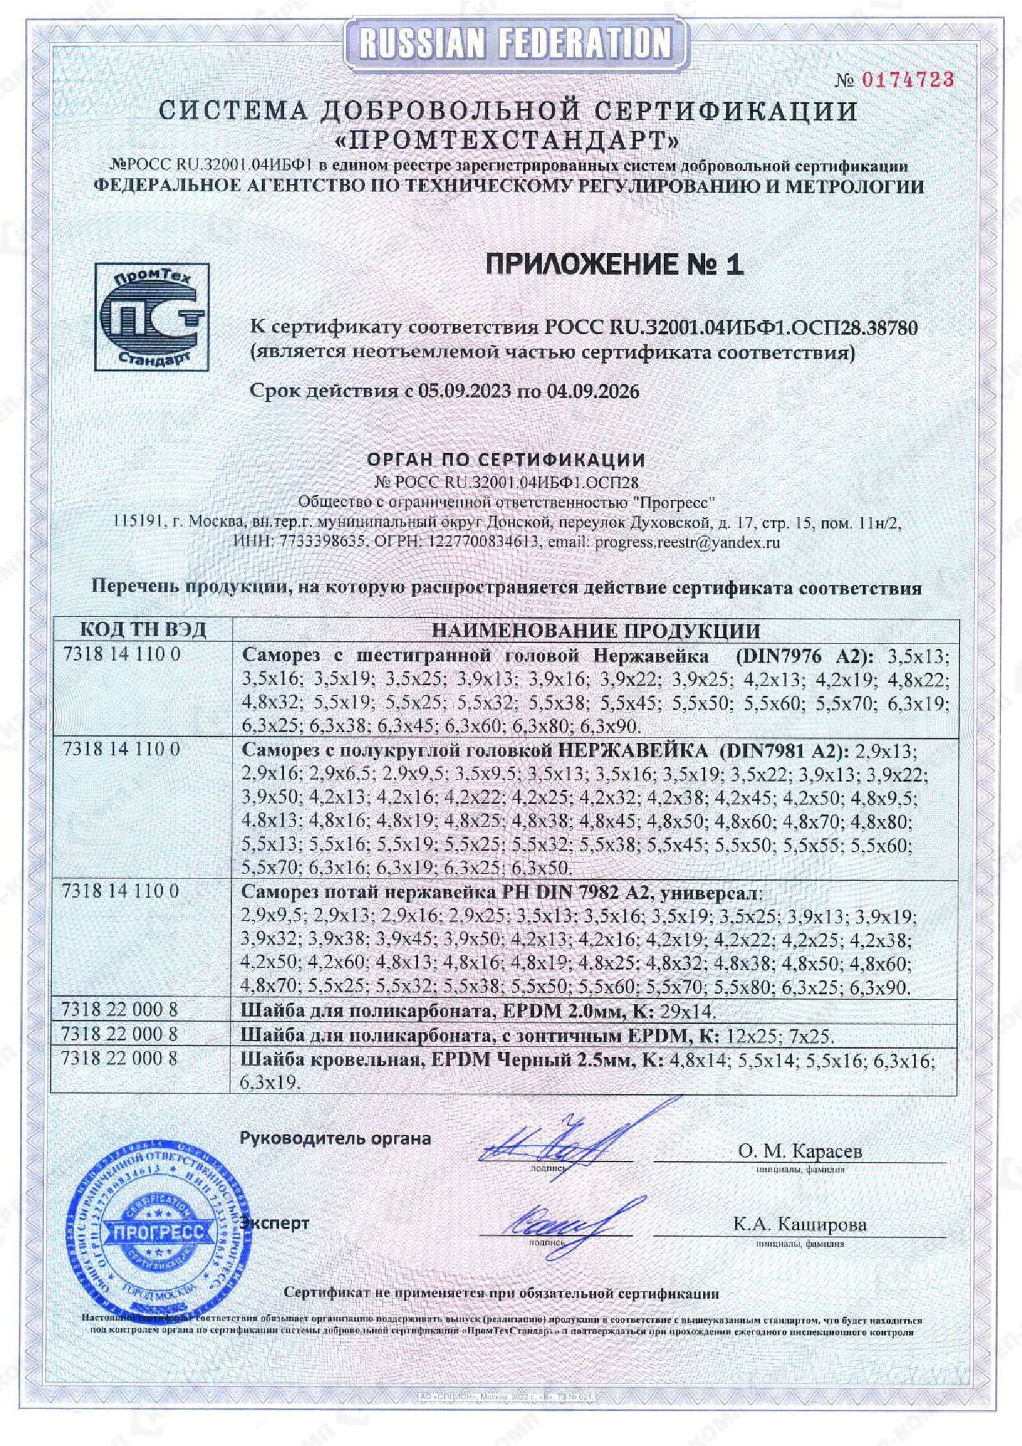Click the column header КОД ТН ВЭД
[143, 631]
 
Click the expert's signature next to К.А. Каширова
[553, 1225]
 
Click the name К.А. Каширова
[799, 1224]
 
